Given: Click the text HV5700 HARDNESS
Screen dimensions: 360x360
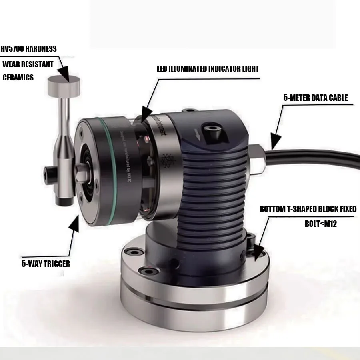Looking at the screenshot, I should pyautogui.click(x=30, y=49).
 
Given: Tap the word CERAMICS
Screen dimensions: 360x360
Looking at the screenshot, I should pyautogui.click(x=18, y=78).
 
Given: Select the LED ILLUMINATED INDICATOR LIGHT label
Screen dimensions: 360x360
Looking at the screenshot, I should pyautogui.click(x=208, y=69).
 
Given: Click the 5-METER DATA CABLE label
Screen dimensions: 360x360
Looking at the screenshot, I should pyautogui.click(x=315, y=98).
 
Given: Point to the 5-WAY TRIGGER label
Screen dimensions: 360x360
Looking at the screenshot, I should pyautogui.click(x=46, y=264).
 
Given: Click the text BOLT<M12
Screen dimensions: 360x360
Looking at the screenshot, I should pyautogui.click(x=320, y=224).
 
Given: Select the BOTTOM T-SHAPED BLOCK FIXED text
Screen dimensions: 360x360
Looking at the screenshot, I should pyautogui.click(x=308, y=209).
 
